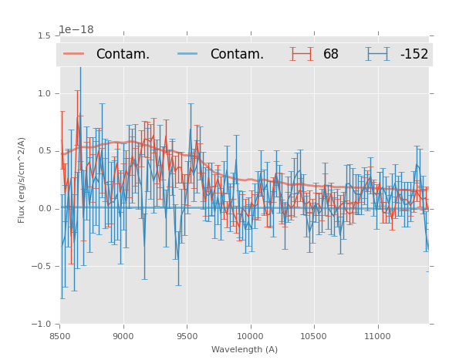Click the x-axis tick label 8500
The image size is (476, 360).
coord(60,336)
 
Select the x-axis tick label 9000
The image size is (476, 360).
coord(123,336)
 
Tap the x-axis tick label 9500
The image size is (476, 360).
coord(187,336)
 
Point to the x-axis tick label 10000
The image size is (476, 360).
coord(250,336)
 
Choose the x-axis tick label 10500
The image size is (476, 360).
coord(313,336)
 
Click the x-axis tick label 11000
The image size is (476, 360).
coord(377,336)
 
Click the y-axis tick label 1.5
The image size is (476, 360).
coord(44,35)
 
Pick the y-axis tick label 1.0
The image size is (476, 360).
coord(44,93)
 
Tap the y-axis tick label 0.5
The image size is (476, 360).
coord(44,151)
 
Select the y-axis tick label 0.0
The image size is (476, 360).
coord(44,209)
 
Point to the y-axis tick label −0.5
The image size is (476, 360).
coord(42,267)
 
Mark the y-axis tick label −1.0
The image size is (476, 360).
coord(42,325)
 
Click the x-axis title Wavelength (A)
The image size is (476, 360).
coord(245,350)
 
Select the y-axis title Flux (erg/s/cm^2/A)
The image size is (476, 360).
coord(22,180)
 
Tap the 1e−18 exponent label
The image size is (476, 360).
coord(76,30)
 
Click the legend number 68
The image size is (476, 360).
coord(331,54)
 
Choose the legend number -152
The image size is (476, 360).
coord(414,54)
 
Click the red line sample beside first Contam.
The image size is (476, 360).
coord(75,54)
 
